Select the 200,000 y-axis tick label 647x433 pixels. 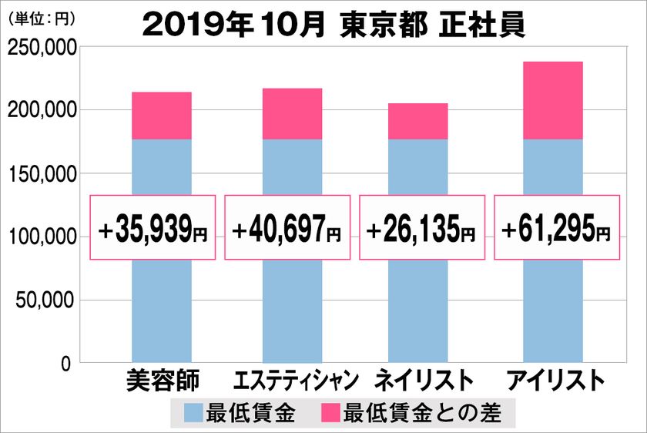[x=41, y=111]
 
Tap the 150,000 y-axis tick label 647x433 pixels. [x=41, y=174]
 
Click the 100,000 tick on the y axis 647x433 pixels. [x=41, y=237]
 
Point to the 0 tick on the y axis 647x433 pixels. [x=65, y=363]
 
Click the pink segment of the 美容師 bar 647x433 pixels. [x=162, y=116]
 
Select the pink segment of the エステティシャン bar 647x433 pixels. [x=292, y=114]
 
